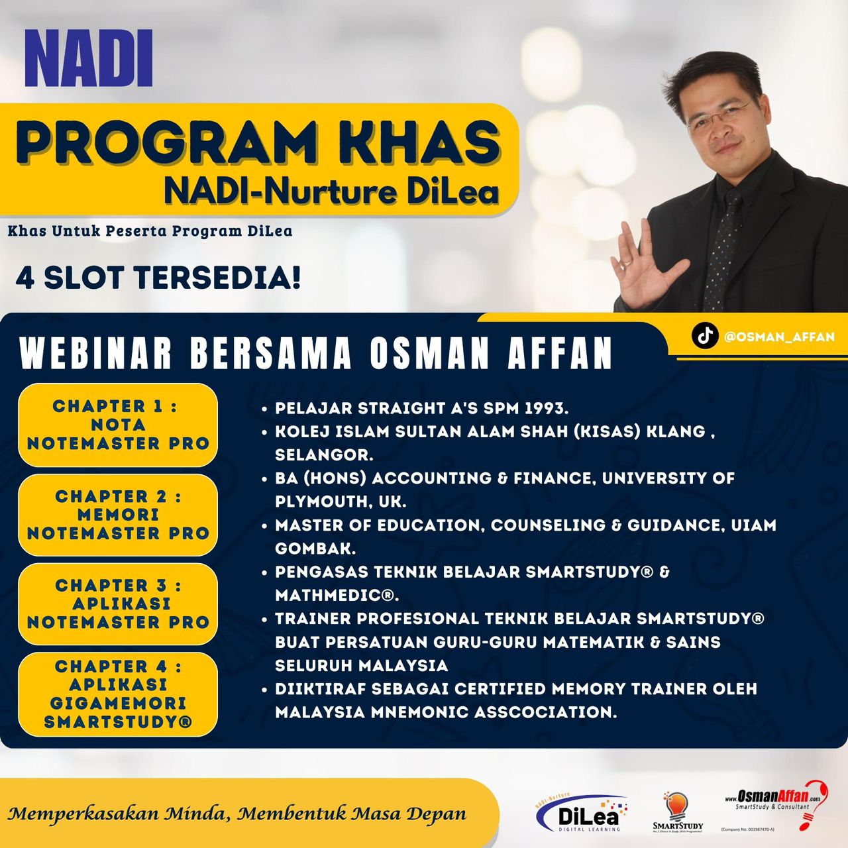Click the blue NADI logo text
[89, 58]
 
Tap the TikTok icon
[705, 336]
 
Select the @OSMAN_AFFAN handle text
[779, 337]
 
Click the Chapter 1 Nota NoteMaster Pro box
[118, 425]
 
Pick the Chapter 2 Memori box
[118, 515]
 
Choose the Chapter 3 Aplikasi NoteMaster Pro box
[118, 604]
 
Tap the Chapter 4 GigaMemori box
[118, 694]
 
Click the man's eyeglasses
[722, 116]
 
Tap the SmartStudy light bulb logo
[678, 812]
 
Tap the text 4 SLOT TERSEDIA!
[158, 278]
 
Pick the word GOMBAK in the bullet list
[315, 549]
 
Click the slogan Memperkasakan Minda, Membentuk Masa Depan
[237, 813]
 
